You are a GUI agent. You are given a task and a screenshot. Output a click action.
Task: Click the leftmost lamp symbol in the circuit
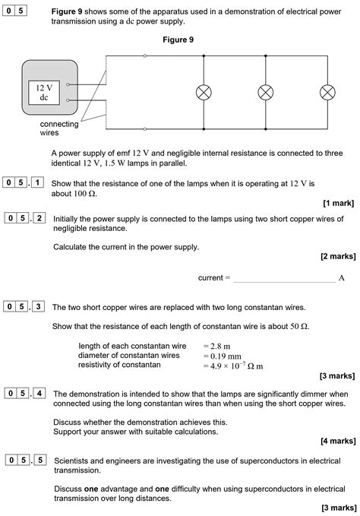click(x=204, y=92)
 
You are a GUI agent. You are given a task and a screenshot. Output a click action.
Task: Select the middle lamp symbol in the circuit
click(x=265, y=92)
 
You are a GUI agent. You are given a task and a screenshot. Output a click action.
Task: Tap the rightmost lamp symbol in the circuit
click(x=327, y=92)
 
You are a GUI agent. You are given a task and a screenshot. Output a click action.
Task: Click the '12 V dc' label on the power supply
click(x=43, y=93)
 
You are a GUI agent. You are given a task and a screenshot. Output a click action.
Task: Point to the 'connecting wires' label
click(x=59, y=128)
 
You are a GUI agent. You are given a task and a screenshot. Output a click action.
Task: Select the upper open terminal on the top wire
click(x=145, y=55)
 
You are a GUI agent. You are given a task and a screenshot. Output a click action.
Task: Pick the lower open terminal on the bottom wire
click(x=145, y=129)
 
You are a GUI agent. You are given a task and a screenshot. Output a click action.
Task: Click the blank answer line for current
click(x=283, y=278)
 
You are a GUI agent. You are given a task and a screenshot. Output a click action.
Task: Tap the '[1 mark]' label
click(x=338, y=204)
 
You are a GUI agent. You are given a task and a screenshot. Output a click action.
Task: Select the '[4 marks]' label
click(x=336, y=441)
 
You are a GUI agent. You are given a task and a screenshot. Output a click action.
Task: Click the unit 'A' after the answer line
click(x=342, y=278)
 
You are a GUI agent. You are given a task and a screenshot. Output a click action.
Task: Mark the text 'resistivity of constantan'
click(x=119, y=366)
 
